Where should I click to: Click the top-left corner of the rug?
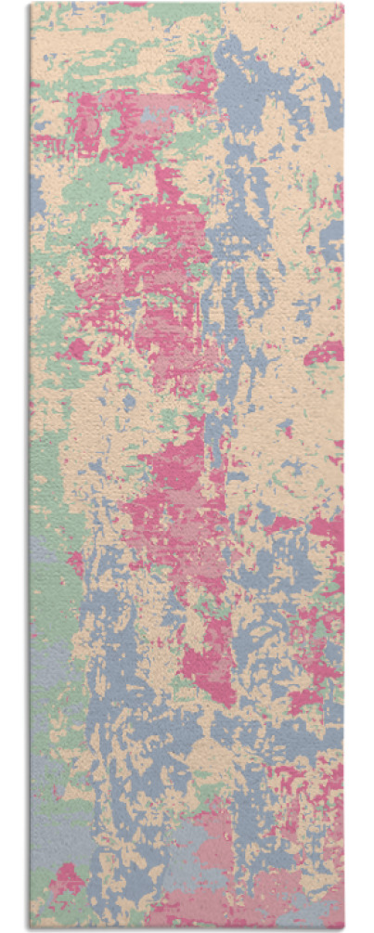click(x=31, y=4)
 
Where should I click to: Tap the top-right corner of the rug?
click(x=343, y=4)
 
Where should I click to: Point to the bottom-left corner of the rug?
click(x=31, y=928)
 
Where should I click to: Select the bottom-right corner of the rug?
click(x=343, y=928)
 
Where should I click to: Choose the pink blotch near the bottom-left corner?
click(x=67, y=877)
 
